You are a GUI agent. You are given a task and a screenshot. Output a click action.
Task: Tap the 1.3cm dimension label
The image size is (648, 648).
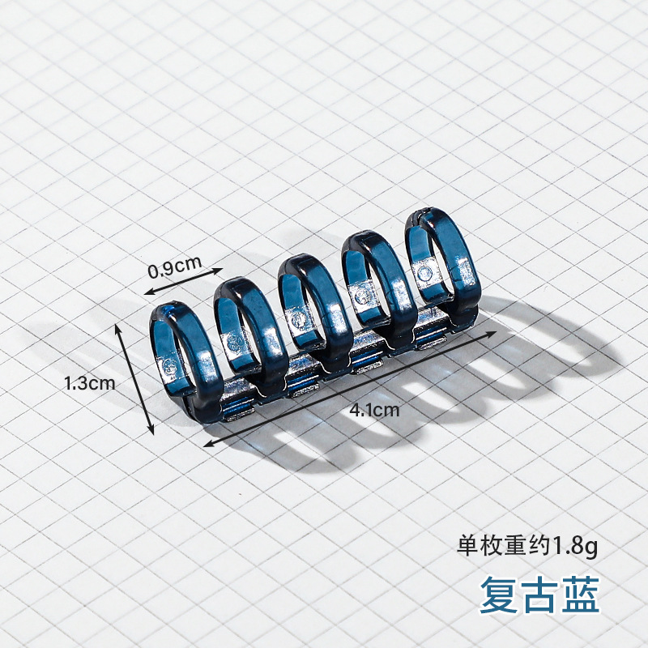(90, 383)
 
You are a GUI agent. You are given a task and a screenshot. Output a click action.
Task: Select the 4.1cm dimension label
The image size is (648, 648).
(374, 409)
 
